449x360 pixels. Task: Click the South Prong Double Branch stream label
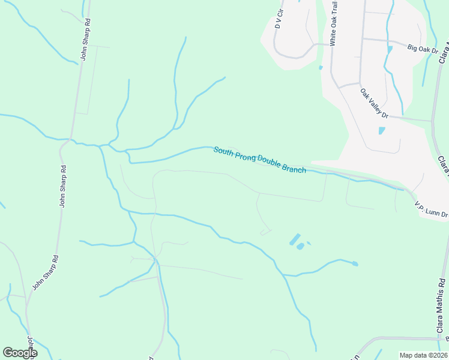[x=260, y=160]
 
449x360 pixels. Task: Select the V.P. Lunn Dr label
[x=431, y=209]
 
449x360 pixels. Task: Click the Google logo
[x=20, y=352]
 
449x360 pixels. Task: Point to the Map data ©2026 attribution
[x=423, y=355]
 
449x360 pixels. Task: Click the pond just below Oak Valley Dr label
[x=382, y=130]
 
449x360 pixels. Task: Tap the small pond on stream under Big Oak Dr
[x=390, y=49]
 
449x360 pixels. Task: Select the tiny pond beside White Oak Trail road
[x=321, y=67]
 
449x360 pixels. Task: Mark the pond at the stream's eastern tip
[x=355, y=263]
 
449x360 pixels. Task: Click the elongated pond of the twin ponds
[x=294, y=239]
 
